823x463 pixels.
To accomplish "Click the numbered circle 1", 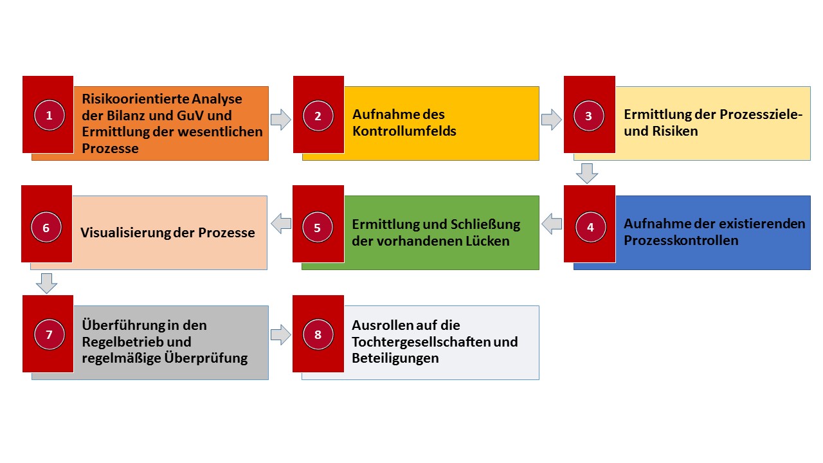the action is pos(50,115).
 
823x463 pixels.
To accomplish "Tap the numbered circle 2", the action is pos(318,116).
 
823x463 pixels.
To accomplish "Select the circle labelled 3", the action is pos(588,116).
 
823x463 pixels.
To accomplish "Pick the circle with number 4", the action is pos(590,227).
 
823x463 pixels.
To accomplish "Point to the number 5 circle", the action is pos(318,227).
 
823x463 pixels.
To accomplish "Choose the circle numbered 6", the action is pos(46,227).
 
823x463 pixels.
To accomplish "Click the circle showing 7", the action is pos(50,334).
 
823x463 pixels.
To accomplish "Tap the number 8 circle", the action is pos(318,334).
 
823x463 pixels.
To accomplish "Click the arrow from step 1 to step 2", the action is pos(281,120).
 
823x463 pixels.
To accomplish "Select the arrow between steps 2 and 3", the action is pos(552,120).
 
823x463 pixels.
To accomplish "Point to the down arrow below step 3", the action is pos(587,174).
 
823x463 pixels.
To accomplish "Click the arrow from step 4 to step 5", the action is pos(552,223).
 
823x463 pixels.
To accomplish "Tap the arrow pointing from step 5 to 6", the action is pos(281,223).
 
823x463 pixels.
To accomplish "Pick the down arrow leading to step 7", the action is pos(47,284).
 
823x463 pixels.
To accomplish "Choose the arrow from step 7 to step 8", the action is pos(281,335).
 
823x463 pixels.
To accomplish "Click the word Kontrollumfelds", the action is pos(404,131).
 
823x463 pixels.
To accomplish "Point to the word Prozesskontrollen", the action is pos(681,241).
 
